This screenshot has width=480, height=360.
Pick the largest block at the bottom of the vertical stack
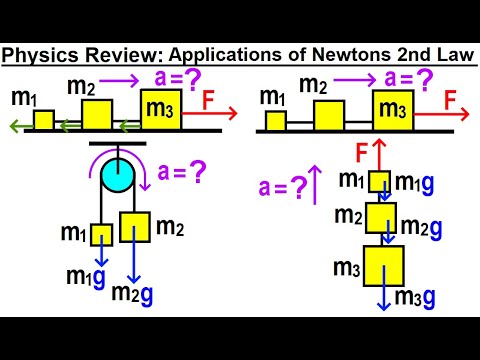(384, 267)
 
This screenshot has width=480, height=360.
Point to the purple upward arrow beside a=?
(317, 184)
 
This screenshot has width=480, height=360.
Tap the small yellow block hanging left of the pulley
(101, 234)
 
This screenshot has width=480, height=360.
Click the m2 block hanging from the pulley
(135, 226)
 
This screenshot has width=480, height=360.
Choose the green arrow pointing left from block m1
(18, 126)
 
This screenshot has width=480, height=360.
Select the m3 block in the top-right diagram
(392, 110)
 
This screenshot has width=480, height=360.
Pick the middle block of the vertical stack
(381, 217)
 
